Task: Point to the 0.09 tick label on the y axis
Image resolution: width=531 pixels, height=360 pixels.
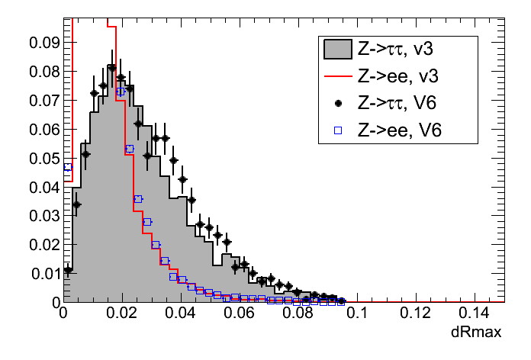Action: pyautogui.click(x=43, y=43)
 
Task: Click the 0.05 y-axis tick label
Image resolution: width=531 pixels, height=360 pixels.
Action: pyautogui.click(x=43, y=159)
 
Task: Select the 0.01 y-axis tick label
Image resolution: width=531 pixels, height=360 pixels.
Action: pyautogui.click(x=43, y=274)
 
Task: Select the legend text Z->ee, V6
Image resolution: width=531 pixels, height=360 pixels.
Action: pyautogui.click(x=398, y=130)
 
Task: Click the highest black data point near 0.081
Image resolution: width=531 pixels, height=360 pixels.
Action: pyautogui.click(x=112, y=68)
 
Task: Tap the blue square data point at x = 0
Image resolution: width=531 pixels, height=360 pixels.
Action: pyautogui.click(x=67, y=167)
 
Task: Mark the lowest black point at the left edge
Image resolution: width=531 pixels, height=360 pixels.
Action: pyautogui.click(x=68, y=269)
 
